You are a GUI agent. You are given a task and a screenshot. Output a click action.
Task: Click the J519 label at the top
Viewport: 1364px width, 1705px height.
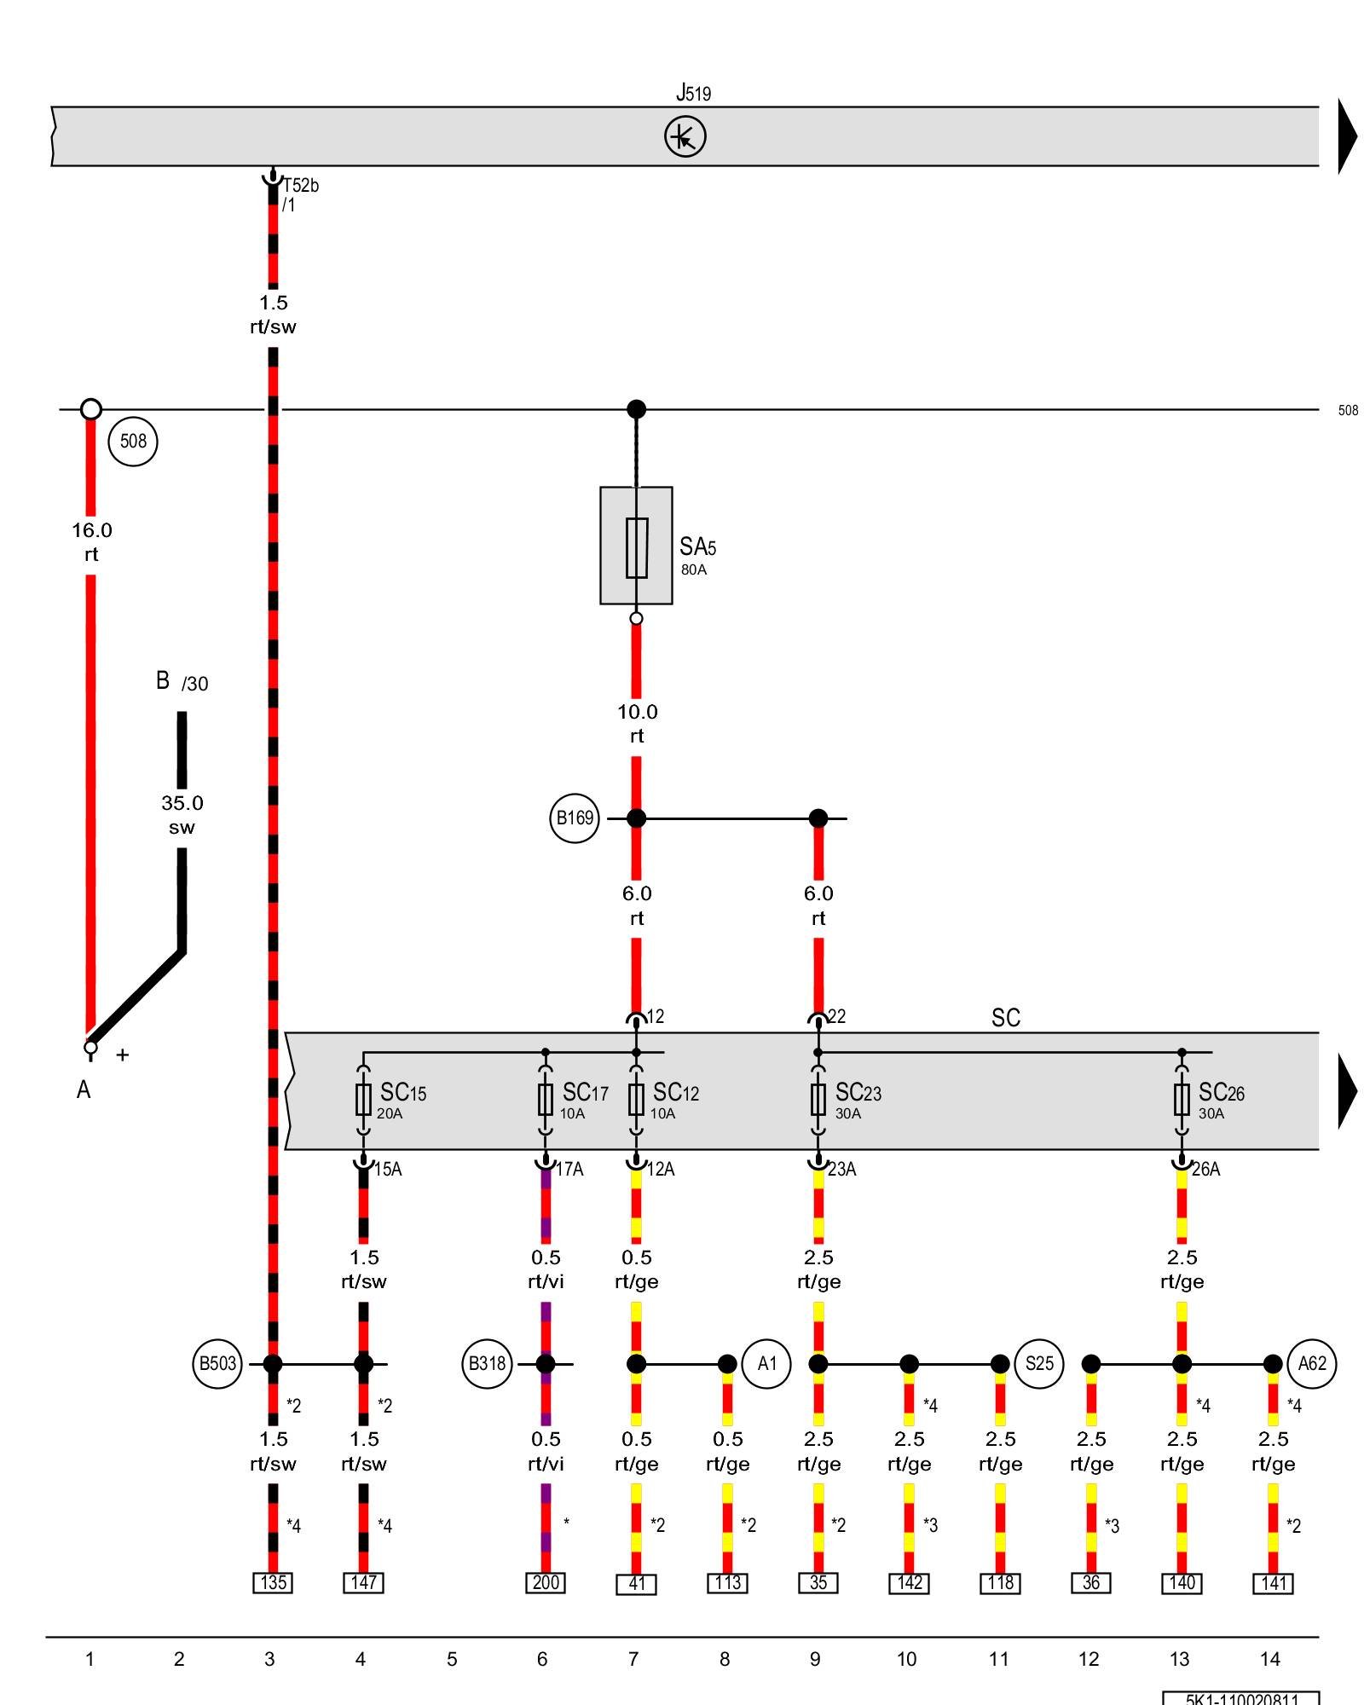point(693,92)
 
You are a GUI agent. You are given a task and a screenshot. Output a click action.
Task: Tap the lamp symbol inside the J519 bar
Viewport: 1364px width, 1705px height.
point(685,136)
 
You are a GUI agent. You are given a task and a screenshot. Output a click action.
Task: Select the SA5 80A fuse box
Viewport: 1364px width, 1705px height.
point(636,546)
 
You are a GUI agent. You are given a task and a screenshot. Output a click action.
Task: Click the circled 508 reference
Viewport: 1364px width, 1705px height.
point(134,441)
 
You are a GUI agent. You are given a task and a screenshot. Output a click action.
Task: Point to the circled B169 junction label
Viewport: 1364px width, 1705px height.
point(575,818)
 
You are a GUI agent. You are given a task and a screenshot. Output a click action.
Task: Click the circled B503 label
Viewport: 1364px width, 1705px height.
point(217,1363)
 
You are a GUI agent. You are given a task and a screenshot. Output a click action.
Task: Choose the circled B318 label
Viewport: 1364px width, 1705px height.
point(487,1363)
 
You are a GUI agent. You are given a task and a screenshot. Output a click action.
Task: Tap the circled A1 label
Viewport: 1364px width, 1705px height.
point(767,1363)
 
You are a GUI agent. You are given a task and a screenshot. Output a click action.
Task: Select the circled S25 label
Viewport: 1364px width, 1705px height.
point(1039,1363)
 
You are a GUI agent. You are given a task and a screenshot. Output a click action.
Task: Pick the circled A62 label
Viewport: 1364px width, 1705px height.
point(1312,1363)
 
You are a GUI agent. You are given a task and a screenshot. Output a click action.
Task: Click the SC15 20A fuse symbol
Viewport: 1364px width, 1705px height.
point(364,1100)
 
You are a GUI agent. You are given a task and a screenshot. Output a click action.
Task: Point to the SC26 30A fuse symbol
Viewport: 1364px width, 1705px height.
point(1182,1100)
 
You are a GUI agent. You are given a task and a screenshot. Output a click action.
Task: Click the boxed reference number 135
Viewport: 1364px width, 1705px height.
point(273,1583)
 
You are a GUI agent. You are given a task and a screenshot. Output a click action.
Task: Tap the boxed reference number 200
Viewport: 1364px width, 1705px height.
point(546,1583)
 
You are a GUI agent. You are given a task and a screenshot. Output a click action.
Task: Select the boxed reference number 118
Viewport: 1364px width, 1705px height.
point(1000,1583)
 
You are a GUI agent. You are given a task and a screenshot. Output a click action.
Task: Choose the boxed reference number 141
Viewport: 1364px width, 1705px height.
point(1273,1584)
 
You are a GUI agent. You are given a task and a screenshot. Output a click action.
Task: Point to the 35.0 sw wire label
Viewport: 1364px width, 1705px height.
point(182,815)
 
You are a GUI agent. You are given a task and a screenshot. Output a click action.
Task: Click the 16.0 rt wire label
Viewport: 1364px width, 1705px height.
point(91,542)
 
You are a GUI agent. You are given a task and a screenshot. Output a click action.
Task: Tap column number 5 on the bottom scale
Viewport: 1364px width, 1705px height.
point(452,1659)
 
